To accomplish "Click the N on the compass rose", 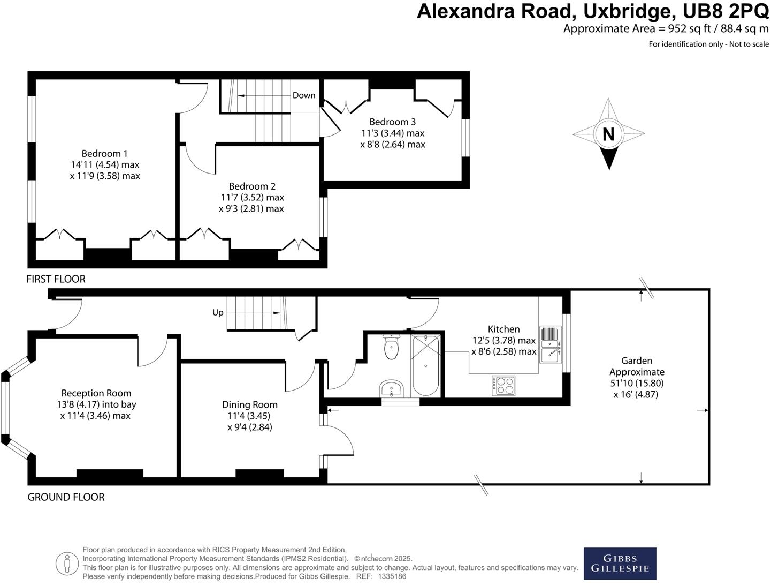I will [608, 133].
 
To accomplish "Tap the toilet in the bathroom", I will [392, 348].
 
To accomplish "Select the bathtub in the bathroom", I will [426, 365].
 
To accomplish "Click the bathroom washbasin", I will [392, 389].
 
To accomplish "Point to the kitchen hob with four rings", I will [503, 385].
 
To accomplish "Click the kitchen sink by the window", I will [550, 344].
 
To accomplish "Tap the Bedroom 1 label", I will [104, 154].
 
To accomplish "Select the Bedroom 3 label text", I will [392, 122].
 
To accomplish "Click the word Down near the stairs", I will [304, 95].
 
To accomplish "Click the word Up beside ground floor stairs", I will [218, 313].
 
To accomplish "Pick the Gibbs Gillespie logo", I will [620, 564].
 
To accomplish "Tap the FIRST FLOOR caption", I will [56, 279].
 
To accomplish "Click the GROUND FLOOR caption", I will [66, 497].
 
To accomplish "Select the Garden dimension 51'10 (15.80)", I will [637, 384].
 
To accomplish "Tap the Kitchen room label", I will [503, 329].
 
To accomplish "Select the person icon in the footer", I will [67, 564].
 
